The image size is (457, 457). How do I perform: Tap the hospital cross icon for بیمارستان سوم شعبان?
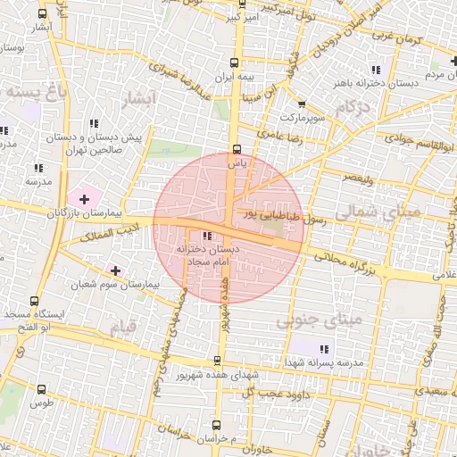[x=115, y=270]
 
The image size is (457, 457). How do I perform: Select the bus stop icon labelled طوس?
[x=42, y=389]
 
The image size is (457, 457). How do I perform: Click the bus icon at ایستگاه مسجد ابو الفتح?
[x=35, y=301]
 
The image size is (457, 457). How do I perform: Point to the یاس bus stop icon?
[x=237, y=150]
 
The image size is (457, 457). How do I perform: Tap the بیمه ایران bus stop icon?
[x=235, y=62]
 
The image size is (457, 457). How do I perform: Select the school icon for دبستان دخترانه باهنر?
[x=376, y=69]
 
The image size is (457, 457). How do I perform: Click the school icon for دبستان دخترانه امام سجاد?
[x=208, y=237]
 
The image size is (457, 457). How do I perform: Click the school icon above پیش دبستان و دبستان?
[x=94, y=124]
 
